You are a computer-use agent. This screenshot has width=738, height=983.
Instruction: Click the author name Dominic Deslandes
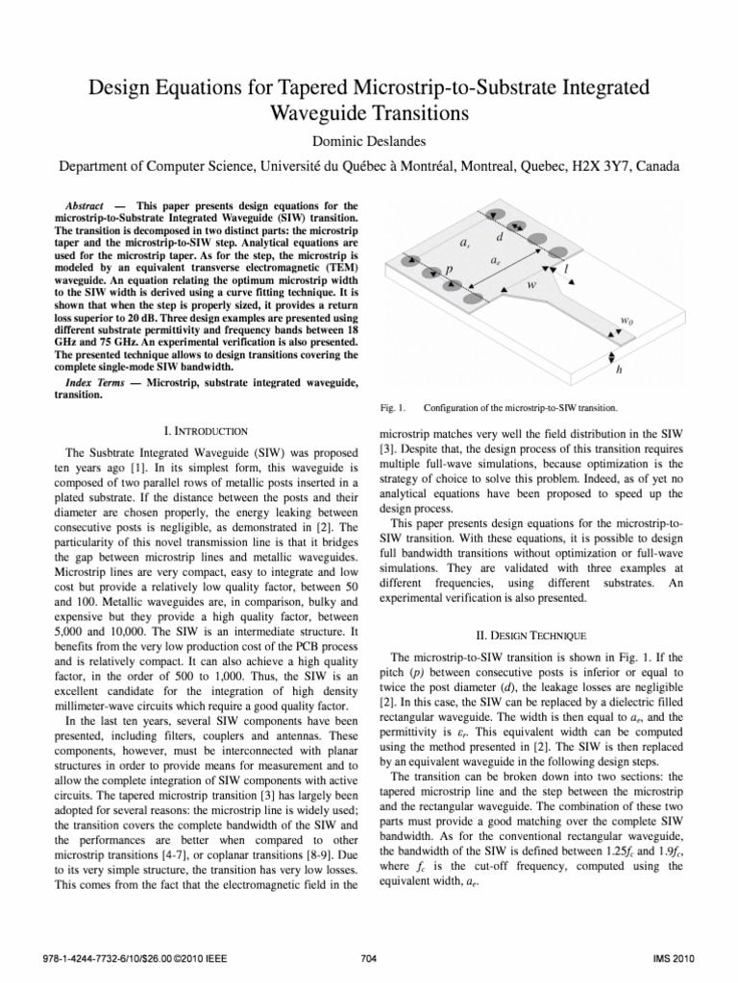pyautogui.click(x=369, y=141)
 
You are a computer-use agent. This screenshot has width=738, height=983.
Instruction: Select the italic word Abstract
pyautogui.click(x=85, y=206)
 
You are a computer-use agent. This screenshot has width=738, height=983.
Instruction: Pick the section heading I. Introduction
pyautogui.click(x=202, y=429)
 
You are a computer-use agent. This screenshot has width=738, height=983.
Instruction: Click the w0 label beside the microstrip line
pyautogui.click(x=627, y=322)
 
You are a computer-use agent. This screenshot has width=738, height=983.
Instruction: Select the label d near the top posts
pyautogui.click(x=500, y=237)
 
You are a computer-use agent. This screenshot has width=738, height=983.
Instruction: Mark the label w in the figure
pyautogui.click(x=531, y=285)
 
